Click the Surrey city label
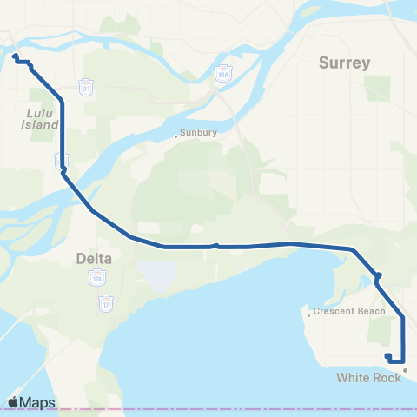[344, 63]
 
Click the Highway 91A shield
[223, 69]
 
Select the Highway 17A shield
[95, 278]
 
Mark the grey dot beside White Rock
[405, 370]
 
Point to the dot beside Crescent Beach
[308, 314]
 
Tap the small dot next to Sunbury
[175, 136]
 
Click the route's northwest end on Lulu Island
[16, 57]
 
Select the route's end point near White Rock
[387, 355]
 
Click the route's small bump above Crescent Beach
[378, 277]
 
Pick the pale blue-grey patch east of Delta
[154, 277]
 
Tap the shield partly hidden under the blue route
[61, 162]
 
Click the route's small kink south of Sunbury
[215, 245]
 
